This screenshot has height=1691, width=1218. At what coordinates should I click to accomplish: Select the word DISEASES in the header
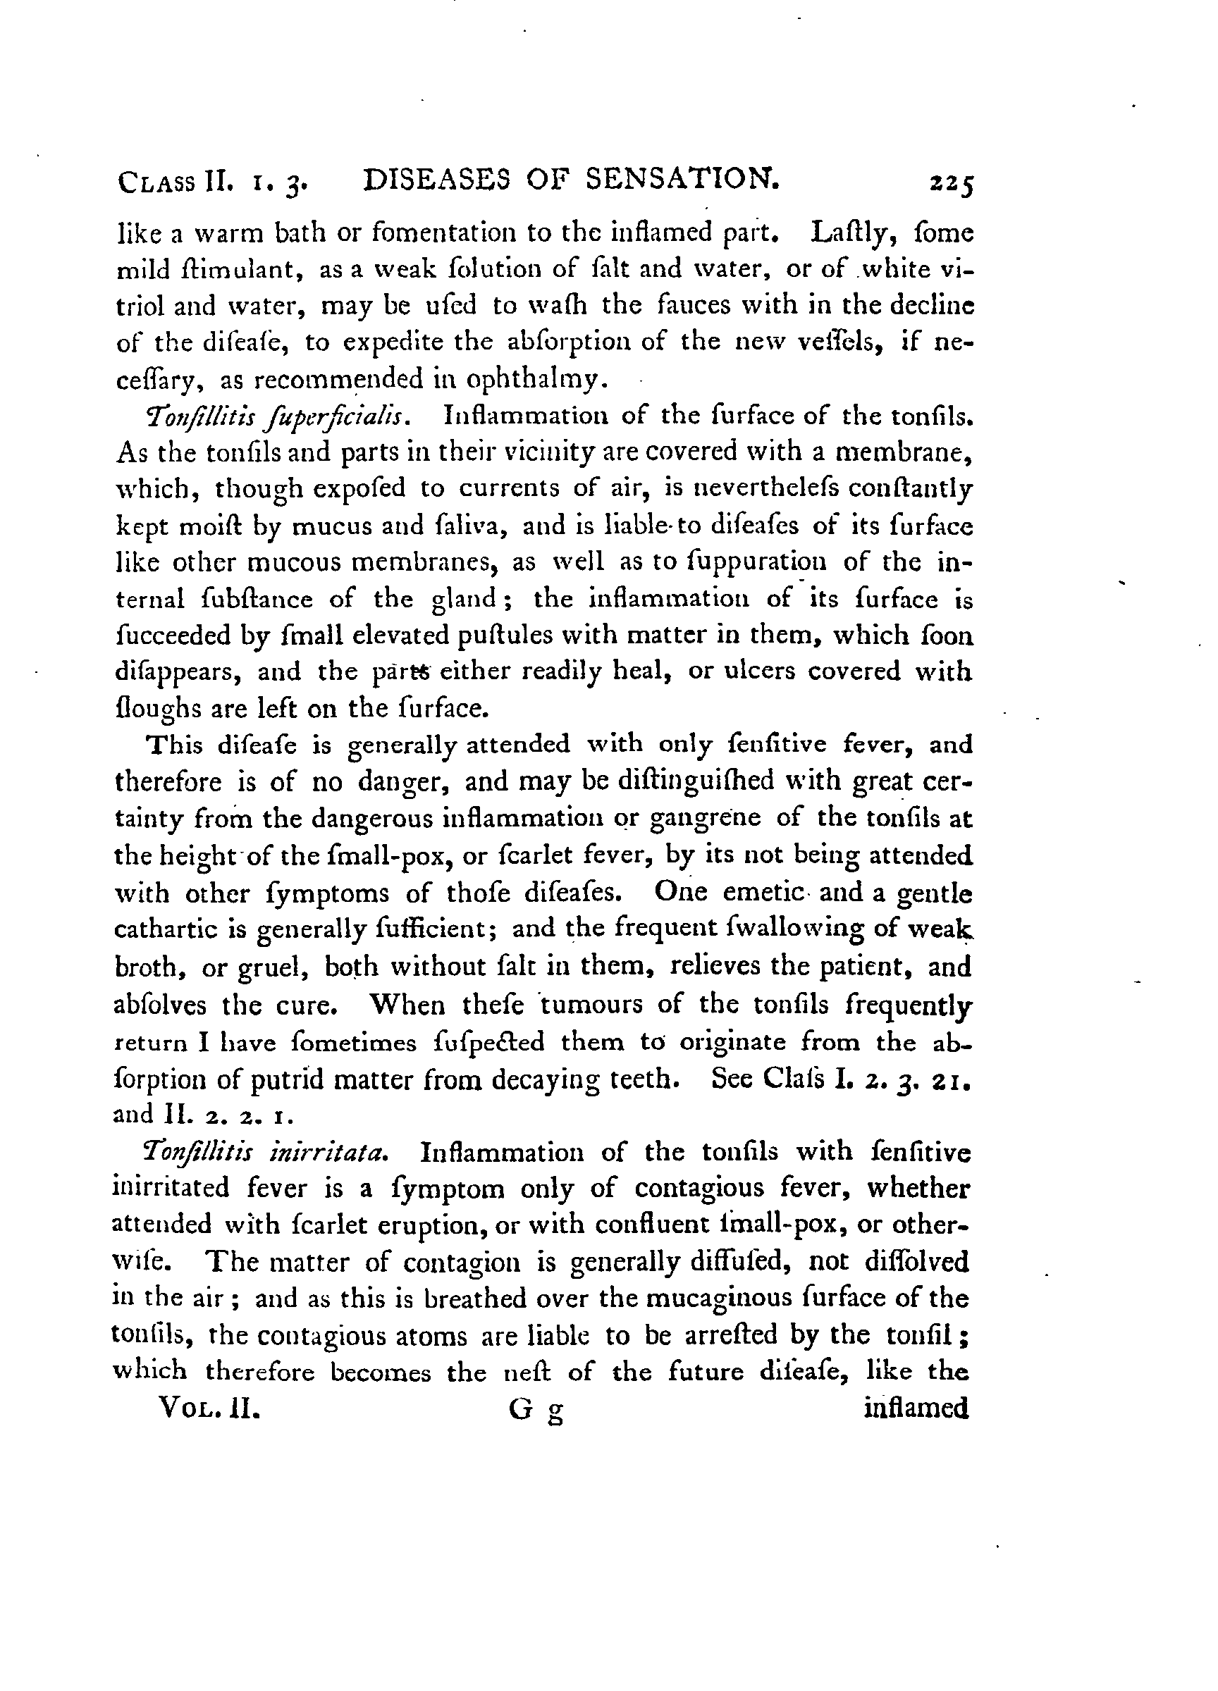point(436,180)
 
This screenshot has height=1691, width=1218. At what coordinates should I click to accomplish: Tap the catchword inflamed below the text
point(916,1408)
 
